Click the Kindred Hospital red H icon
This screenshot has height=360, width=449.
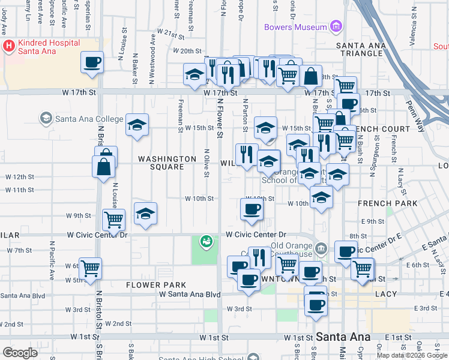pyautogui.click(x=9, y=46)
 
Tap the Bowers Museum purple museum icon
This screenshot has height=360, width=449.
pyautogui.click(x=335, y=27)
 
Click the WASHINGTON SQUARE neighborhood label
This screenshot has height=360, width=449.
pyautogui.click(x=167, y=163)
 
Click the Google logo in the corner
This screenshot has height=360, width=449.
pyautogui.click(x=20, y=352)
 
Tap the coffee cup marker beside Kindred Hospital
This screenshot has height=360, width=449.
pyautogui.click(x=92, y=62)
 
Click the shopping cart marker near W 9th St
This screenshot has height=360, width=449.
pyautogui.click(x=113, y=220)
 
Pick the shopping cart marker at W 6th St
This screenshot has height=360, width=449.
pyautogui.click(x=90, y=268)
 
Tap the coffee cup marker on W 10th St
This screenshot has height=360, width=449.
pyautogui.click(x=252, y=209)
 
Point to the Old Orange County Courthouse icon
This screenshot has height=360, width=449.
pyautogui.click(x=321, y=248)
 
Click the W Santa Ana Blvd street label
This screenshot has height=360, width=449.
pyautogui.click(x=190, y=295)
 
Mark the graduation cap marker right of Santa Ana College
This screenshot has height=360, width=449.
pyautogui.click(x=137, y=125)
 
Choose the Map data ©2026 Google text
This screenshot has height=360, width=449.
pyautogui.click(x=411, y=355)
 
